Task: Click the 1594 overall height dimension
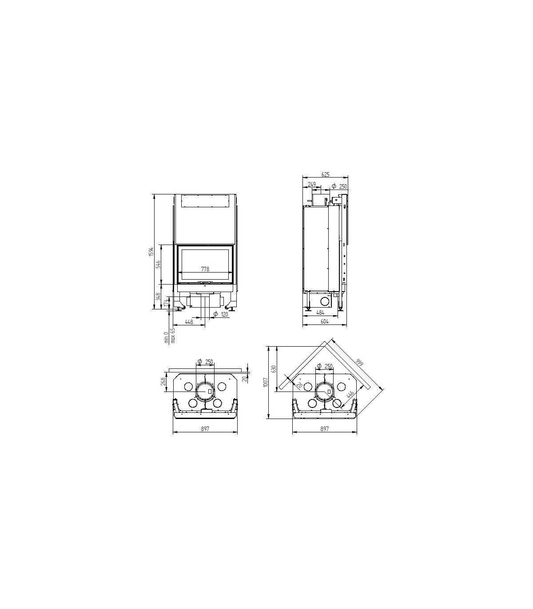151,252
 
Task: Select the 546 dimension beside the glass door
159,264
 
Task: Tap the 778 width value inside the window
205,269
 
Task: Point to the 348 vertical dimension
159,297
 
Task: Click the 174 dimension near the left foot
166,303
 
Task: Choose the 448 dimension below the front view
189,322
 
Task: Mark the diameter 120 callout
221,314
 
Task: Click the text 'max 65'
173,336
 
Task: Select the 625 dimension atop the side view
326,175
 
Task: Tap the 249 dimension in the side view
312,184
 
